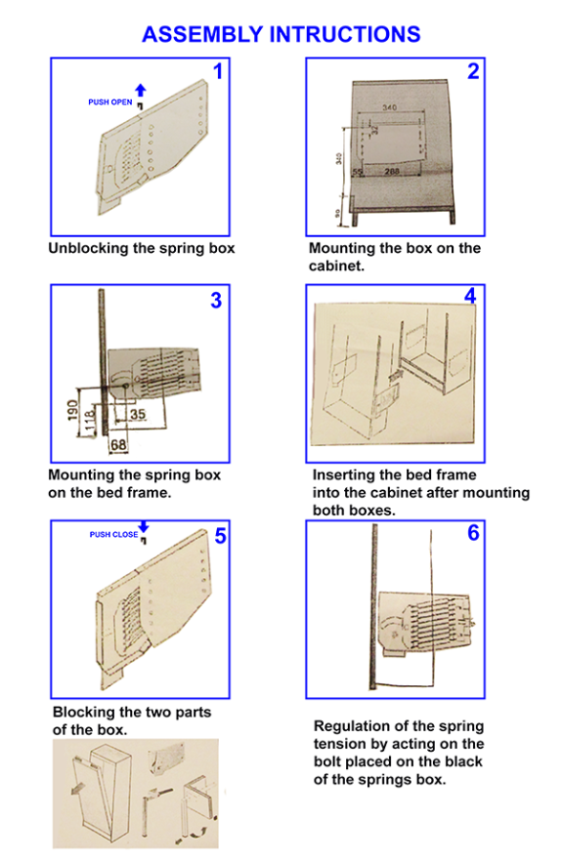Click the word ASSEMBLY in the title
(x=202, y=34)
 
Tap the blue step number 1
(x=218, y=71)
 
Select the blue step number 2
(x=473, y=71)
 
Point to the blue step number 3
(x=217, y=301)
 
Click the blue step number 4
(x=470, y=296)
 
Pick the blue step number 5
(x=221, y=535)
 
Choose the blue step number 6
(x=473, y=533)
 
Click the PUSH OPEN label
(x=109, y=102)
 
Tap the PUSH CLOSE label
(x=113, y=534)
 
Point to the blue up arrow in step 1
(x=141, y=90)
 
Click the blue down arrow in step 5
(x=144, y=526)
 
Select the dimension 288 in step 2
(x=392, y=172)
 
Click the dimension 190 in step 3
(x=72, y=411)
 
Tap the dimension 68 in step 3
(x=118, y=445)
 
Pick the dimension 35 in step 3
(x=138, y=414)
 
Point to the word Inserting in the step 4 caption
(x=345, y=475)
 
